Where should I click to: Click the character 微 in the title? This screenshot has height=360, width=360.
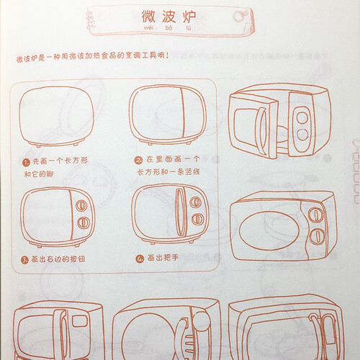coord(148,17)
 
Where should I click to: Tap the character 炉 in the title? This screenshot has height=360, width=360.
coord(189,17)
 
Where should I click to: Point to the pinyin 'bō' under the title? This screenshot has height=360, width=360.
coord(168,28)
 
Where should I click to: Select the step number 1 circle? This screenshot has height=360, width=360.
coord(27,163)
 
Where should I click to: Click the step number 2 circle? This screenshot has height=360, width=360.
coord(138,161)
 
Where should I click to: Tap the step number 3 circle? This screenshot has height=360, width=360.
coord(24,260)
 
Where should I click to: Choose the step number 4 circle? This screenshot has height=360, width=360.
coord(140,258)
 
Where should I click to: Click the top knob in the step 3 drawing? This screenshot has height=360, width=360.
coord(81,206)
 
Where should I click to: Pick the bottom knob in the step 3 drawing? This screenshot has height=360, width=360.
coord(84,222)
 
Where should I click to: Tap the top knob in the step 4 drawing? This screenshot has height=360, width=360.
coord(195,202)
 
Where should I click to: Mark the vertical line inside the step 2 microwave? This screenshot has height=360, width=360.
coord(184,113)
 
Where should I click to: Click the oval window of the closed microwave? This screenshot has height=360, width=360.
coord(269,230)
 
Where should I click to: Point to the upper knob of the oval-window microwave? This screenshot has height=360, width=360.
coord(316,215)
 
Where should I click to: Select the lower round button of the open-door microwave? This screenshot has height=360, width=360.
coord(302,135)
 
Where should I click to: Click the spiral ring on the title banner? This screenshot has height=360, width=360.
coord(238,17)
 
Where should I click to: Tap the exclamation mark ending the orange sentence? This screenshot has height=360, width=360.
coord(167,55)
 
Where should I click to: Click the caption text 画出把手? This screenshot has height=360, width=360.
coord(163,258)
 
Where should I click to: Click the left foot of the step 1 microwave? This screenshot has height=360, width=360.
coord(39,145)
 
